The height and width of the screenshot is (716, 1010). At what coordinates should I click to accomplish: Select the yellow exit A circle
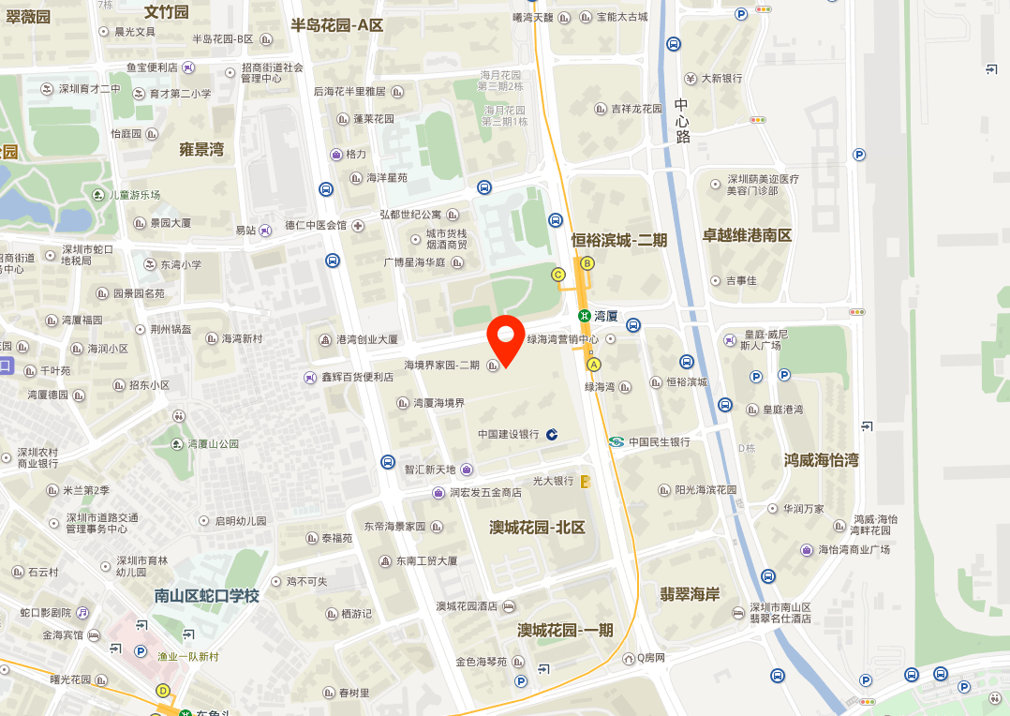point(593,364)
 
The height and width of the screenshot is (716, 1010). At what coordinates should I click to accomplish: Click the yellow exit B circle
point(587,263)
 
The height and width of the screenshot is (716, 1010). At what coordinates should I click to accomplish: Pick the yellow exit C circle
point(558,275)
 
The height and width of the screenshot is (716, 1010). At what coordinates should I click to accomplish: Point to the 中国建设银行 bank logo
point(552,434)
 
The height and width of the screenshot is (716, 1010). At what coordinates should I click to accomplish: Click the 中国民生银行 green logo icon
point(616,441)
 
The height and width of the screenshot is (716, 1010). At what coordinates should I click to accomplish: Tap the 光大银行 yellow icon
point(586,481)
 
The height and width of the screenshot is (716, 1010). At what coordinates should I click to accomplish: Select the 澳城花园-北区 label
point(537,528)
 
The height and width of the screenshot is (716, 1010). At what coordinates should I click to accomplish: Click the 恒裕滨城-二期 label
point(619,240)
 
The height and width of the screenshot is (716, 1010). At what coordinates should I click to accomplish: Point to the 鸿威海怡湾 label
point(821,460)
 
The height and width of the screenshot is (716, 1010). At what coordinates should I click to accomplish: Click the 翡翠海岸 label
point(690,594)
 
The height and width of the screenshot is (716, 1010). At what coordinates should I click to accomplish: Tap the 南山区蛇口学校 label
point(206,595)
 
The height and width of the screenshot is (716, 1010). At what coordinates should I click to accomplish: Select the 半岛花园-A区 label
point(336,25)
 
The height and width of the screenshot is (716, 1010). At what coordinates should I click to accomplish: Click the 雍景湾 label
point(201,149)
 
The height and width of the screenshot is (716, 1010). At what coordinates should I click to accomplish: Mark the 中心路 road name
point(681,120)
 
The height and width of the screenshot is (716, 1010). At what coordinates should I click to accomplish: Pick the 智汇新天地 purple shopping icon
point(467,470)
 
